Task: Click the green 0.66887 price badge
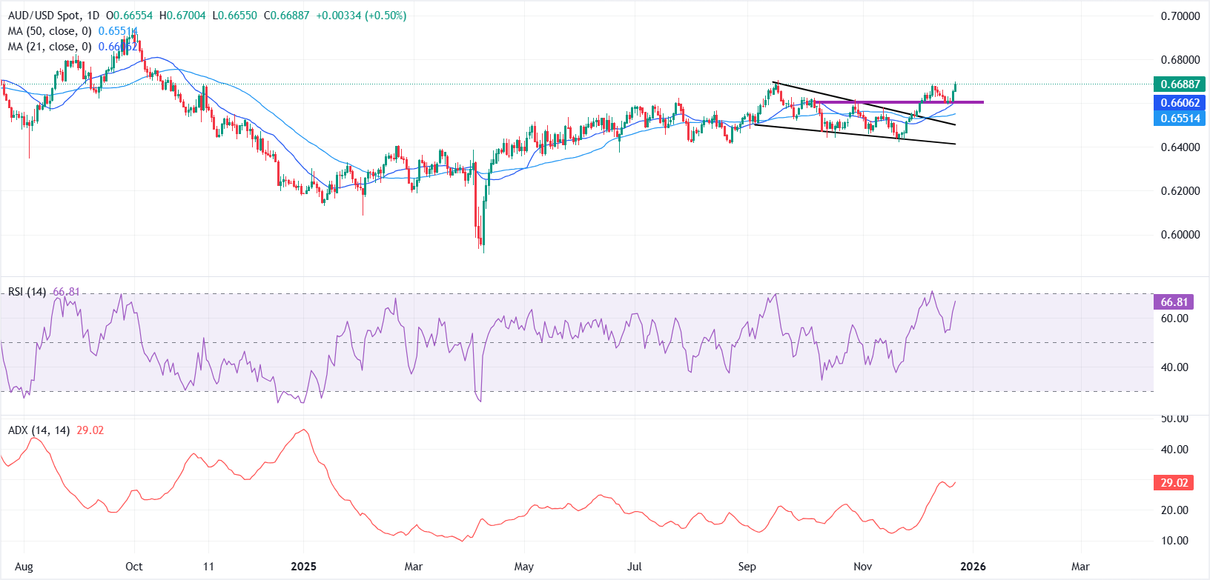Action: coord(1180,84)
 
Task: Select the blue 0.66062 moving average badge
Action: coord(1180,103)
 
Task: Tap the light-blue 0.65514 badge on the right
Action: coord(1180,119)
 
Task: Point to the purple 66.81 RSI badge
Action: coord(1174,302)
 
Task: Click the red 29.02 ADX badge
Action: coord(1174,483)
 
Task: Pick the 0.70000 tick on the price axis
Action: coord(1180,16)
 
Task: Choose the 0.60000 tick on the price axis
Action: coord(1180,235)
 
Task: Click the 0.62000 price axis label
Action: coord(1180,191)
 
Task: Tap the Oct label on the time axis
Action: coord(133,567)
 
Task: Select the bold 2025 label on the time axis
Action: coord(303,567)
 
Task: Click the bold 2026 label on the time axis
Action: coord(973,567)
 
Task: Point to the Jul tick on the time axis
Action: coord(635,567)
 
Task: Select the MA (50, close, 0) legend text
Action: coord(50,31)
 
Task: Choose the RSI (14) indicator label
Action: coord(27,292)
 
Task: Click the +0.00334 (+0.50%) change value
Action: coord(361,16)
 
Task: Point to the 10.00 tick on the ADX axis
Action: coord(1174,541)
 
